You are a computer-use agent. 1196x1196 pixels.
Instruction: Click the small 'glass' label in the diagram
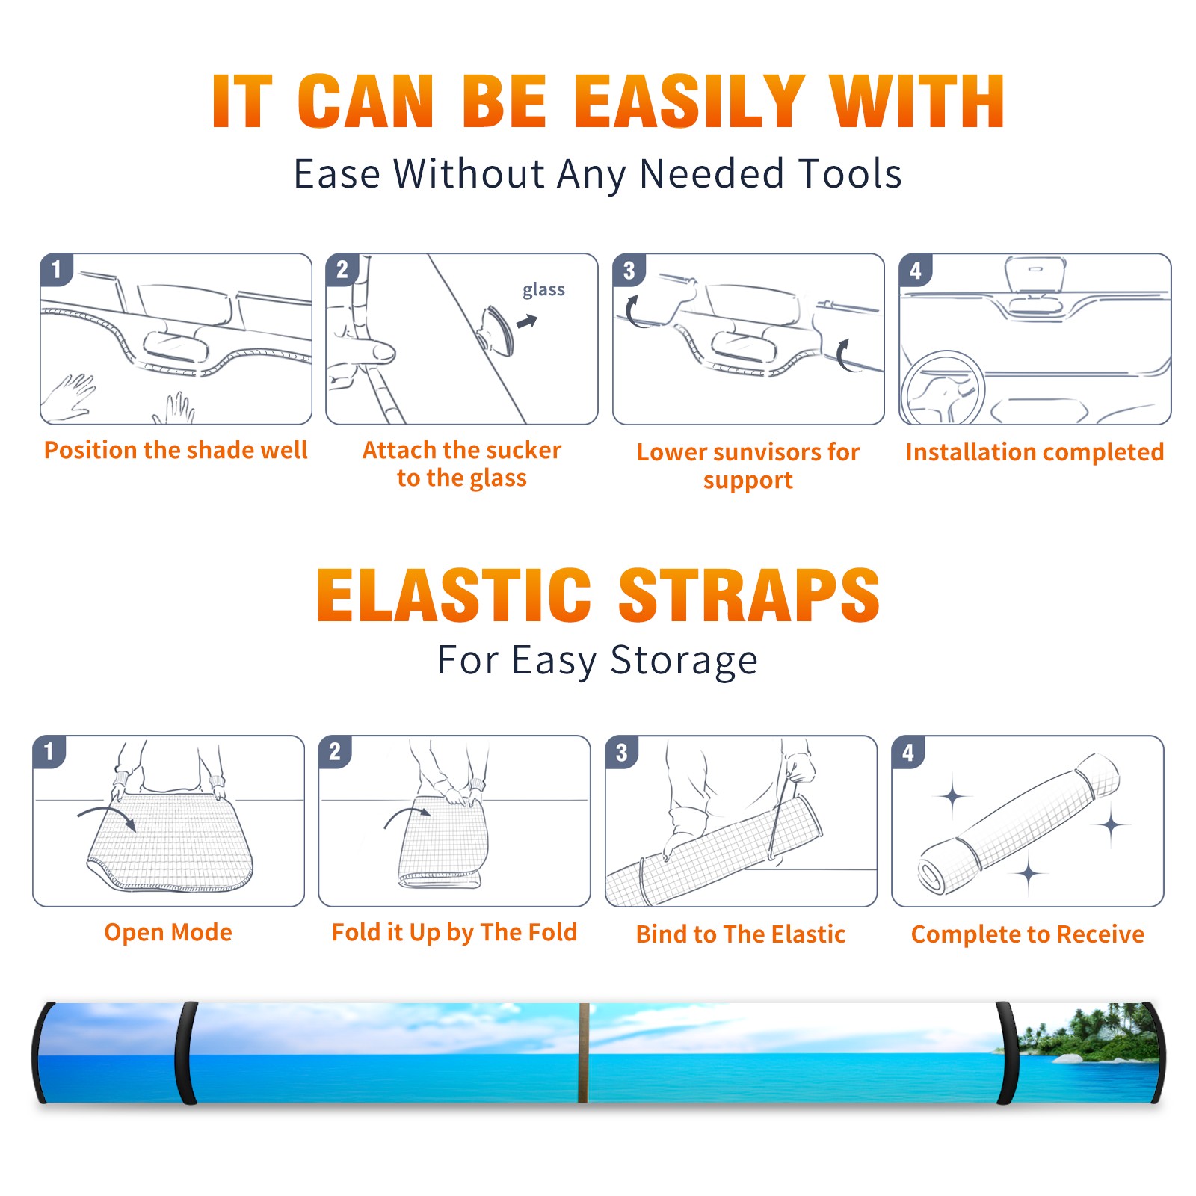point(543,290)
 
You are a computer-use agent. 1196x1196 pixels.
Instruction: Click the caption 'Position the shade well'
point(176,450)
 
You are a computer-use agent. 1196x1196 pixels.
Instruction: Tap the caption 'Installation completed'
point(1035,452)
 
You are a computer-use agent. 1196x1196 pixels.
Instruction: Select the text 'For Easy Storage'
point(598,660)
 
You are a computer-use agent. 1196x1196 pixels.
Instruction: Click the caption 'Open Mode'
point(168,932)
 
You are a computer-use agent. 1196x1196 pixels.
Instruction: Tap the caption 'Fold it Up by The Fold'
point(454,932)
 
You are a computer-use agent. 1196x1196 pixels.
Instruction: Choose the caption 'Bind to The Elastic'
point(741,934)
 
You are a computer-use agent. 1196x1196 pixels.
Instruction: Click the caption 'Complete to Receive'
point(1028,934)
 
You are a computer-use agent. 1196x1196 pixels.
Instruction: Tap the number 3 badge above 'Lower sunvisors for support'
point(629,271)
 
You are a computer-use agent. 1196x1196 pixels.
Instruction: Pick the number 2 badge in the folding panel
point(335,752)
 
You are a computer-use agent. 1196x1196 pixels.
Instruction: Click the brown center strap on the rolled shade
point(584,1052)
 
